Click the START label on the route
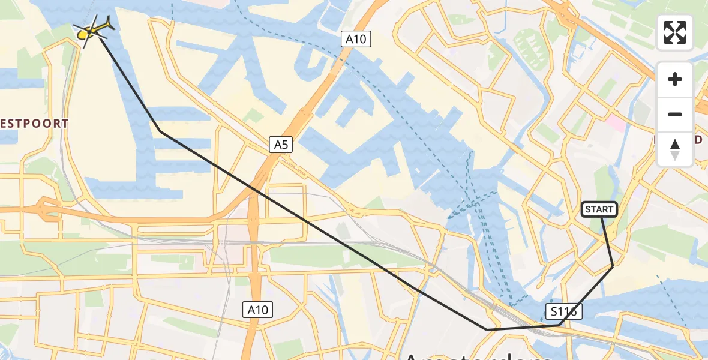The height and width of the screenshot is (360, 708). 599,209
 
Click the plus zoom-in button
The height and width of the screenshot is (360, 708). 675,79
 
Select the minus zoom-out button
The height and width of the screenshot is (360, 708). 675,114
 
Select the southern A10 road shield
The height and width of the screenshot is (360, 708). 259,310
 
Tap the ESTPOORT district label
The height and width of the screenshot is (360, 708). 34,124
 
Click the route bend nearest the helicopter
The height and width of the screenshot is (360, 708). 160,131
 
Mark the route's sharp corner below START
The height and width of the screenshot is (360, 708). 613,265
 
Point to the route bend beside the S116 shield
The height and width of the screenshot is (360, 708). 559,325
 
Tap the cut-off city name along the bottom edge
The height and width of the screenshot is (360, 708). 480,355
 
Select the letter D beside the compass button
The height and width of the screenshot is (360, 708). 698,140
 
